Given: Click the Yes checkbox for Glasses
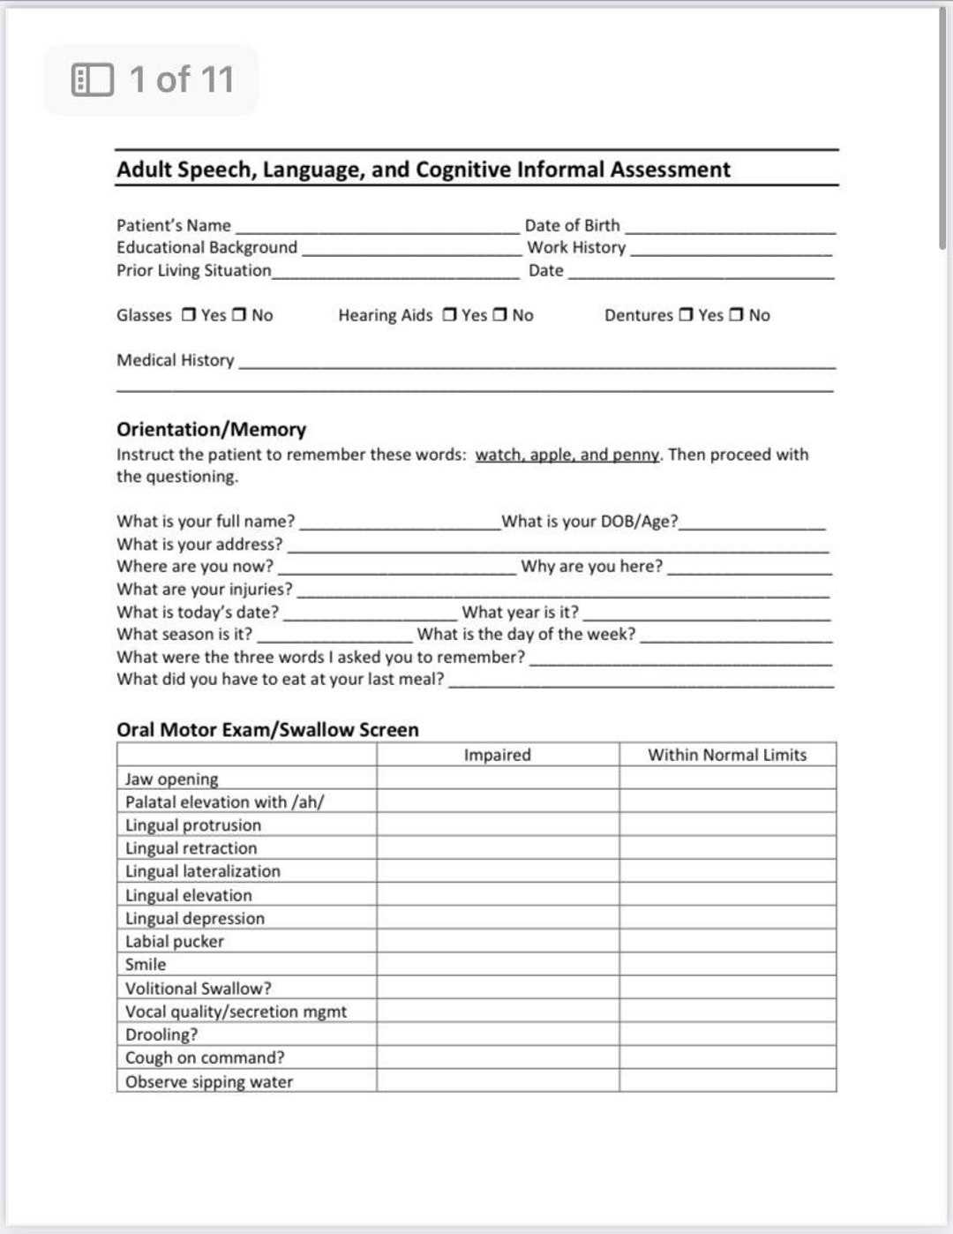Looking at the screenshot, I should click(189, 315).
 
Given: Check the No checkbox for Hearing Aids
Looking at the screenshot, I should click(500, 315).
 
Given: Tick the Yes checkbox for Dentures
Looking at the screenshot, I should click(686, 315).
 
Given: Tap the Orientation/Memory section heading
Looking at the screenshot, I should click(211, 429).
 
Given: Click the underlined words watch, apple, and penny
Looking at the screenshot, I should click(567, 455).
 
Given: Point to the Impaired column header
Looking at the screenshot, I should click(498, 755).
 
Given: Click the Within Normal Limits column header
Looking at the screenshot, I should click(727, 755).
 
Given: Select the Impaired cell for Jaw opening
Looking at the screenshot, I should click(498, 779).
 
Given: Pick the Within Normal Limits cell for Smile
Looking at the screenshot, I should click(727, 964).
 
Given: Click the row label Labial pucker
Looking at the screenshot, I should click(175, 941).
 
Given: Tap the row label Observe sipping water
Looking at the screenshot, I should click(209, 1081).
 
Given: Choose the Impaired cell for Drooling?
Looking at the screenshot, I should click(498, 1034).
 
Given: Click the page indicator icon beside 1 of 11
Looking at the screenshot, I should click(93, 79).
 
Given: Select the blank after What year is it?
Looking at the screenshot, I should click(706, 613).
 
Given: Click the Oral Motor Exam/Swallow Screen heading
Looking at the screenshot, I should click(267, 729).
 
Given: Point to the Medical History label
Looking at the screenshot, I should click(176, 360).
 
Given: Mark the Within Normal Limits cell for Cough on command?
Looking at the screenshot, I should click(727, 1057).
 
